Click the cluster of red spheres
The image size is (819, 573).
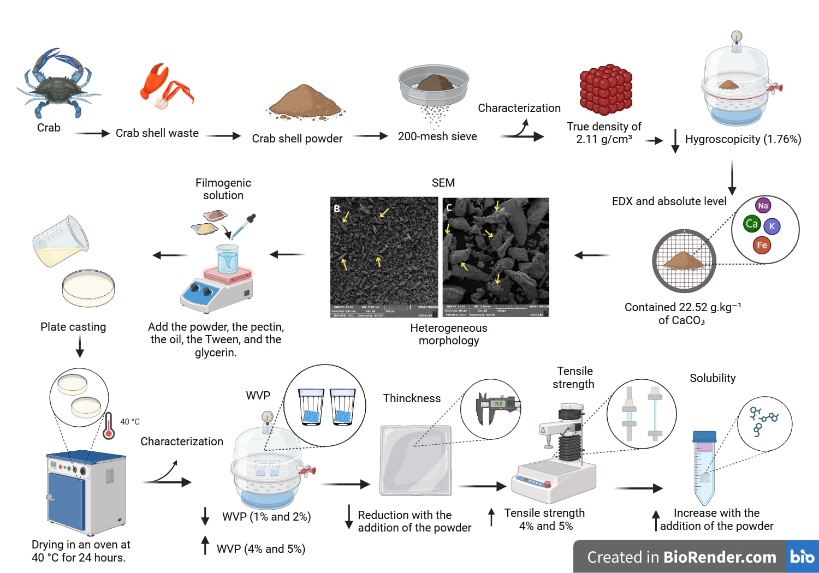coord(606,89)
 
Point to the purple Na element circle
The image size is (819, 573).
coord(763,206)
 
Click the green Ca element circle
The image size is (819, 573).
coord(752,224)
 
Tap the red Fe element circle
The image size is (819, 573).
coord(762,245)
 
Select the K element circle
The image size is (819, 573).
coord(772,226)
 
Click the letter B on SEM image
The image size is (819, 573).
coord(337,208)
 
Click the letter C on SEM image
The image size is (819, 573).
coord(449,208)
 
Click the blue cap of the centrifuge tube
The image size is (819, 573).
coord(704,437)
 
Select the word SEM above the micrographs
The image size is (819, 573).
coord(443,183)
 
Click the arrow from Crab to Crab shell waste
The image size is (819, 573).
coord(92,133)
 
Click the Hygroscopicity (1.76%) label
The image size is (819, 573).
coord(743,139)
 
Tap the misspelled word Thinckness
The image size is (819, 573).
coord(412,398)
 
